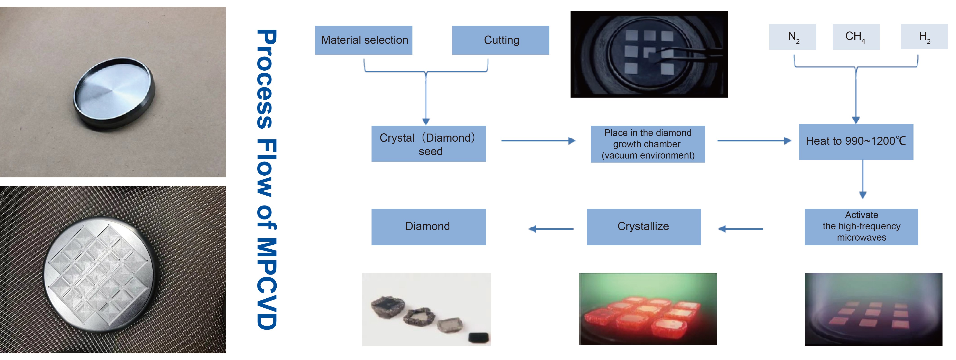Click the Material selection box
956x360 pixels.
[x=364, y=40]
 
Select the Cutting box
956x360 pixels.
[x=501, y=40]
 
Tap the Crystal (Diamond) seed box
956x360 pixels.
[x=429, y=144]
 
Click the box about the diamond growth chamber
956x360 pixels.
[x=648, y=144]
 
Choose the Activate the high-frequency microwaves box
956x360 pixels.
[x=861, y=226]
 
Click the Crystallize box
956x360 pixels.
[x=644, y=226]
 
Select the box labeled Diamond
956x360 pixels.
[x=428, y=226]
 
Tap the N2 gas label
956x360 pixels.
[x=793, y=37]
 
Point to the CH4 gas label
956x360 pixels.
[x=856, y=37]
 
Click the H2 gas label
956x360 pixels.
[x=924, y=37]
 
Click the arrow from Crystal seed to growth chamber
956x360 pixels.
[x=538, y=141]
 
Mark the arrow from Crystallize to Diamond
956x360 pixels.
[x=551, y=229]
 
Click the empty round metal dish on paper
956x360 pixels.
[x=114, y=93]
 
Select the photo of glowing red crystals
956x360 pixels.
[x=648, y=309]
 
